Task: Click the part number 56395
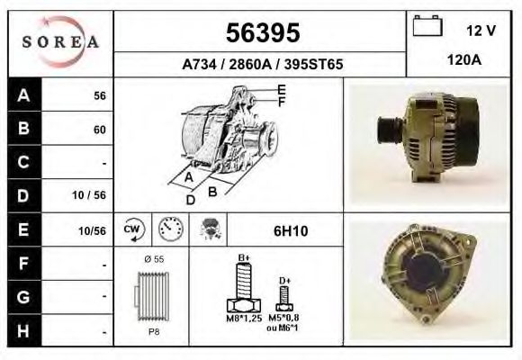261,33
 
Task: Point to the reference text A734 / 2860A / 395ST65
261,65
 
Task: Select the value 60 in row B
99,130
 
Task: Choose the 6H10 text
291,231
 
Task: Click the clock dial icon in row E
168,229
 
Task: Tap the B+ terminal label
243,258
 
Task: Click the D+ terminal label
284,281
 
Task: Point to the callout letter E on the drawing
282,89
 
